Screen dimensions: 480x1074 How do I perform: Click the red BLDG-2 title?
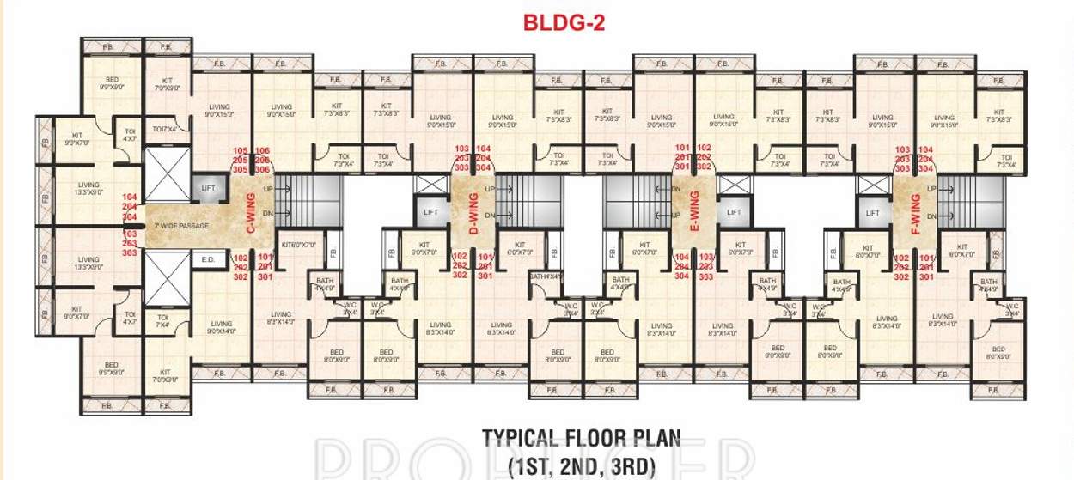(x=564, y=23)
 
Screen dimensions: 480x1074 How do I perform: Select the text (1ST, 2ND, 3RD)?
(x=582, y=466)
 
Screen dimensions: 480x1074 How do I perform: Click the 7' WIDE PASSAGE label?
(x=179, y=225)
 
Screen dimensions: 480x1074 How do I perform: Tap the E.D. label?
(x=207, y=258)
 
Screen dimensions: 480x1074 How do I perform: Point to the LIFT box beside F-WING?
(x=873, y=212)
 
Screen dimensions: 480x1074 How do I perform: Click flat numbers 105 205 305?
(x=241, y=160)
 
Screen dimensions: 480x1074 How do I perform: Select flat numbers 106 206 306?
(x=263, y=160)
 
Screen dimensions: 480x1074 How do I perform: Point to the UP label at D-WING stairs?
(x=489, y=189)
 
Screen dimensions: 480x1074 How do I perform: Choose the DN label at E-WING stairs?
(x=677, y=215)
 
